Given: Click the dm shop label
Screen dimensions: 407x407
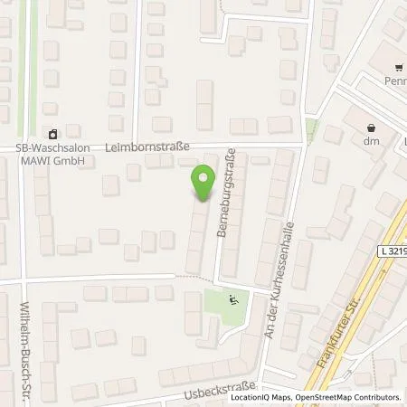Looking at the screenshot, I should [369, 141].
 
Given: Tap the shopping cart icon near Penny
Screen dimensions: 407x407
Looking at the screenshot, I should [398, 68].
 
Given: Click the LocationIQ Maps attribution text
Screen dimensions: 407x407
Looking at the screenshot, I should [260, 397].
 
